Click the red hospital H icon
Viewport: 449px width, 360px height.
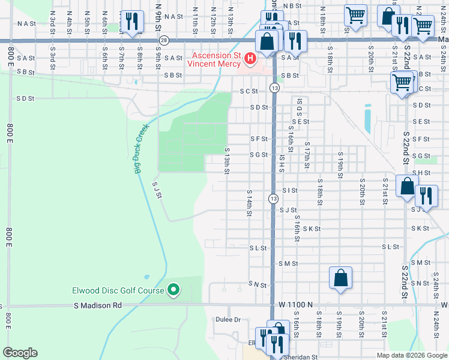click(x=251, y=58)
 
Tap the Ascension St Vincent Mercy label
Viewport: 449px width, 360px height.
click(x=216, y=58)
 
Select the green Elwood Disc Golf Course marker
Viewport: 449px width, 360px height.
click(x=174, y=290)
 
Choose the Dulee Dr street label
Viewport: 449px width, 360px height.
click(x=228, y=320)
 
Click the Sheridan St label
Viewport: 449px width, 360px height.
click(x=302, y=357)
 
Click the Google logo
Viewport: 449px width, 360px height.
click(x=19, y=353)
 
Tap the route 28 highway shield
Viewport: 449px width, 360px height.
click(x=164, y=40)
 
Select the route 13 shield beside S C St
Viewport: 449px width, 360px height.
click(x=274, y=88)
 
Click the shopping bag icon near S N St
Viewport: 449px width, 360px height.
click(x=340, y=278)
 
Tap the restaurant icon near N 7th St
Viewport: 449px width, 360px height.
click(x=130, y=21)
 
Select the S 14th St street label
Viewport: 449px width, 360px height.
click(x=249, y=203)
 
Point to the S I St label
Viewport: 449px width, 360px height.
click(x=290, y=190)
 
